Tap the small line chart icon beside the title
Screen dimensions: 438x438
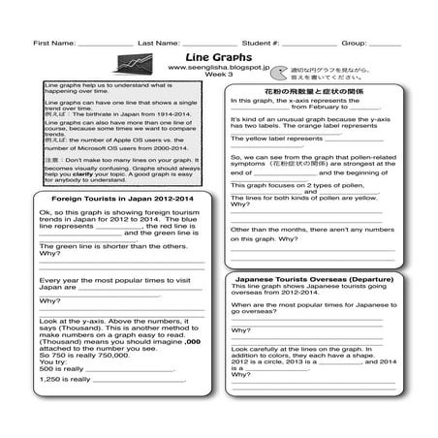(x=126, y=63)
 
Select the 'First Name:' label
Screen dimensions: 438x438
(x=52, y=44)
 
